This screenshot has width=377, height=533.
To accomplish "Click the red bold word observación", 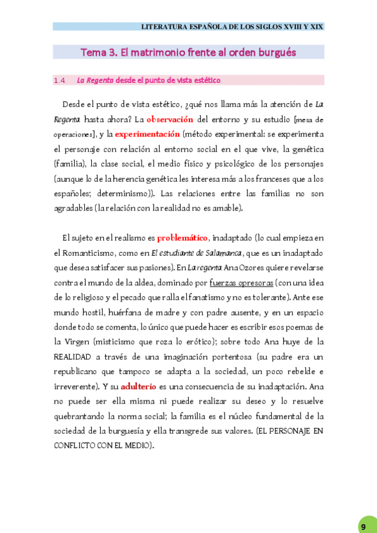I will point(170,119).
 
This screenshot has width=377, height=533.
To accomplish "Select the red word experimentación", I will point(147,134).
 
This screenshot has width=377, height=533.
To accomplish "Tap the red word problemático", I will point(182,238).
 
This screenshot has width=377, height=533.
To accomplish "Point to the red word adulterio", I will point(138,386).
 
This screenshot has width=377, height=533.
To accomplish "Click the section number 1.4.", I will point(60,80).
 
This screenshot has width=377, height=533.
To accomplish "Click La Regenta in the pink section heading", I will point(95,80).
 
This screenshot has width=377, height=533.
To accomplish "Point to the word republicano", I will point(82,371).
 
